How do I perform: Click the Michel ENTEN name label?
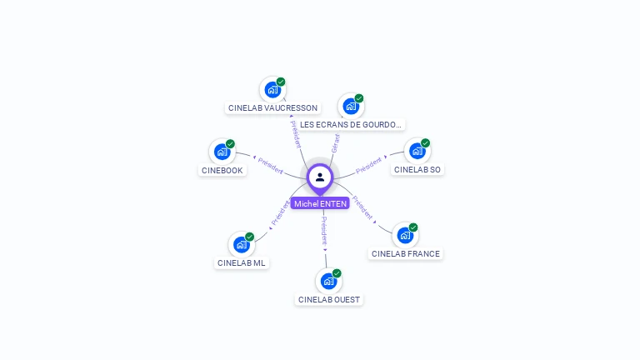point(320,203)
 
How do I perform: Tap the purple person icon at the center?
point(320,177)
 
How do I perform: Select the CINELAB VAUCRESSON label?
point(272,108)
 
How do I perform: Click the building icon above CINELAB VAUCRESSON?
point(272,89)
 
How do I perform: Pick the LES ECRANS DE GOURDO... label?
point(351,125)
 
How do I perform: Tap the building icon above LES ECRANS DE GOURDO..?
point(350,106)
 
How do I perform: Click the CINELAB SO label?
point(417,169)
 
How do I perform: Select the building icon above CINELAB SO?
point(417,151)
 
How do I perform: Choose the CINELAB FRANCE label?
point(405,253)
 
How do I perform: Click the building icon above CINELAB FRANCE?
point(405,235)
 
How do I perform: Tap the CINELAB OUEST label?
point(329,299)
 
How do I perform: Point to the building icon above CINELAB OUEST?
point(328,281)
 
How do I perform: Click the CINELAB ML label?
point(242,262)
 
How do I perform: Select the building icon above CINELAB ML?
point(241,244)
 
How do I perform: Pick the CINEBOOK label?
point(222,170)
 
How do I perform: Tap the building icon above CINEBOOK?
point(222,151)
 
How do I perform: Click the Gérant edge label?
point(335,142)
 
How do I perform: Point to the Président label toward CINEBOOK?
point(271,165)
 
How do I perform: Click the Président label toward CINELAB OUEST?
point(324,229)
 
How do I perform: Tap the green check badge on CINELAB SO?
point(425,143)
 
